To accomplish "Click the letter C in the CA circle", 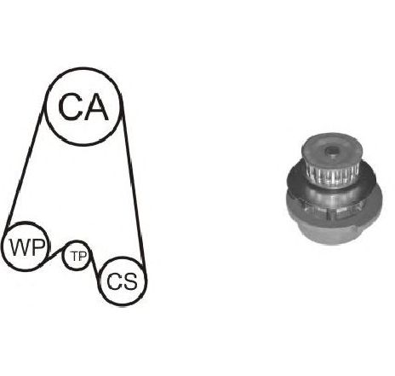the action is (x=70, y=107).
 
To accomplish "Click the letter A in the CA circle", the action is (x=96, y=107).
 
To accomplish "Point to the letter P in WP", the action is (x=37, y=247).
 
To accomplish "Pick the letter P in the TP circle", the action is (x=83, y=257).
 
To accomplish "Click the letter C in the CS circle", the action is (x=114, y=281).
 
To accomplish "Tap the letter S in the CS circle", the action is (x=130, y=281).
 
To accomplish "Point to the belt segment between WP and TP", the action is (x=55, y=253).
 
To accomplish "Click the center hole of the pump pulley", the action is (x=330, y=150).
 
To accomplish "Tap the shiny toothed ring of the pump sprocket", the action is (x=331, y=173).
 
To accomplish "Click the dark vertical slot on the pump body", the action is (x=330, y=214).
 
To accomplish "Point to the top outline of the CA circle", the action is (x=83, y=69).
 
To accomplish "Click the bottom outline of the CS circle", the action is (x=123, y=304).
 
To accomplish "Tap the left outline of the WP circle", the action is (x=3, y=246).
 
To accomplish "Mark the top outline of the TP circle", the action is (x=76, y=242).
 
